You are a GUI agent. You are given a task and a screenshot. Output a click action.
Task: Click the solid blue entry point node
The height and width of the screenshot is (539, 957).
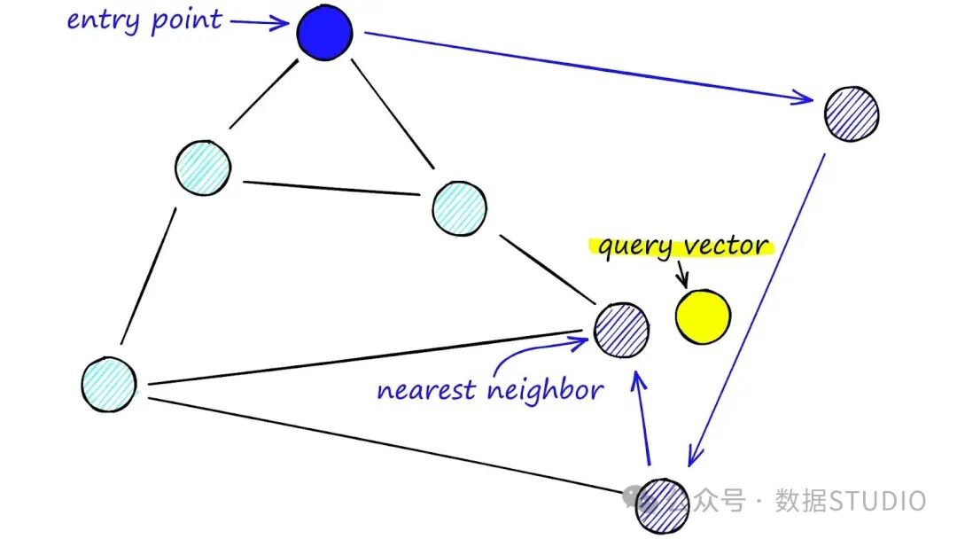coord(324,34)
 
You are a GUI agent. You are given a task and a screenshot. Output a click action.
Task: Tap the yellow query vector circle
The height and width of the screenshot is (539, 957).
coord(704,316)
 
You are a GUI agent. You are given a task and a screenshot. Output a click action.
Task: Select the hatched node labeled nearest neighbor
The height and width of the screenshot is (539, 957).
coord(621,329)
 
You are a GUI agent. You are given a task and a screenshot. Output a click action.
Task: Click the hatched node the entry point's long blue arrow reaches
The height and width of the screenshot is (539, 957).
coord(852,113)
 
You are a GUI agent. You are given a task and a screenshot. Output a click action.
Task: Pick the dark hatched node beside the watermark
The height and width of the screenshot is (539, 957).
coord(663,505)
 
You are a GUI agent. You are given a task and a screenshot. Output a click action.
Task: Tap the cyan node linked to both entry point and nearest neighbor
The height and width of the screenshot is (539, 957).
coord(459,207)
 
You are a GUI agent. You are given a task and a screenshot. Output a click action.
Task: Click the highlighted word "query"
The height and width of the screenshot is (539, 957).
coord(634,246)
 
